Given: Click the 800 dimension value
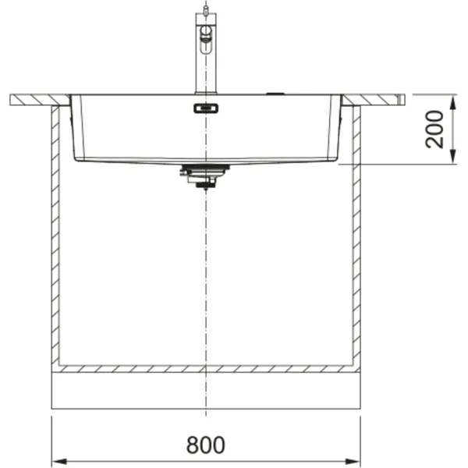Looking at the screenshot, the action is (205, 445).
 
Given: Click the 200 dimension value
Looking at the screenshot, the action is (434, 129).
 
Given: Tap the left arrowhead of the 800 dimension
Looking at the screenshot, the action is (59, 462).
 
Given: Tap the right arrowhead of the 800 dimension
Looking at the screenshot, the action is (353, 462).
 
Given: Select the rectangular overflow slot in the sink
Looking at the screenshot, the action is (206, 108).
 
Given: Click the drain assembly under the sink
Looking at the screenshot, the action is (204, 176).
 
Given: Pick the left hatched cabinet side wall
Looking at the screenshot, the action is (55, 236).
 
